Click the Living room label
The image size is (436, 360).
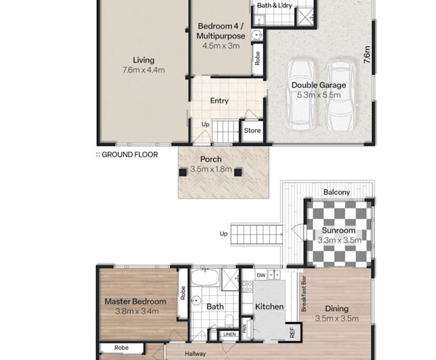143,60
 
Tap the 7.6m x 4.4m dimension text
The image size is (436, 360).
143,69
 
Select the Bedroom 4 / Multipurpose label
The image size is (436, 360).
221,31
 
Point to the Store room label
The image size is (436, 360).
252,131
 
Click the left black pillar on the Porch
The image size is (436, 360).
183,172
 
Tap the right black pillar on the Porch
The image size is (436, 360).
238,172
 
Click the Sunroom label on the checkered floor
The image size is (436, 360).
339,231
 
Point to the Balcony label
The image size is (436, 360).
337,192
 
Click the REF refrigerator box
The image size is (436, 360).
292,332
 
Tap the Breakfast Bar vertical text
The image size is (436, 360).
304,292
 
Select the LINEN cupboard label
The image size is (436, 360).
229,334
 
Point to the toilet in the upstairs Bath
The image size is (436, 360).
229,321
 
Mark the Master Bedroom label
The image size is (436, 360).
135,302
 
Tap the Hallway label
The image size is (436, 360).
195,354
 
